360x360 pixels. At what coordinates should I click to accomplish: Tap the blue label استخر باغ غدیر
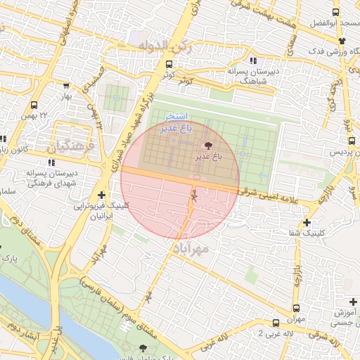[174, 122]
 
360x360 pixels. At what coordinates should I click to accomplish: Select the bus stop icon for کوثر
[160, 65]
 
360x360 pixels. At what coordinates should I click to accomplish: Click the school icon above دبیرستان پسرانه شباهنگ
[252, 60]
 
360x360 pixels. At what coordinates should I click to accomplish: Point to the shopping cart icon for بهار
[66, 86]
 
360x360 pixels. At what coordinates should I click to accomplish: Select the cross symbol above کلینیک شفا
[307, 222]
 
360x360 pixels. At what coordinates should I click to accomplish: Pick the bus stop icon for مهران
[295, 308]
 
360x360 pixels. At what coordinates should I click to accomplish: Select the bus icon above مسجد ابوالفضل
[335, 12]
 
